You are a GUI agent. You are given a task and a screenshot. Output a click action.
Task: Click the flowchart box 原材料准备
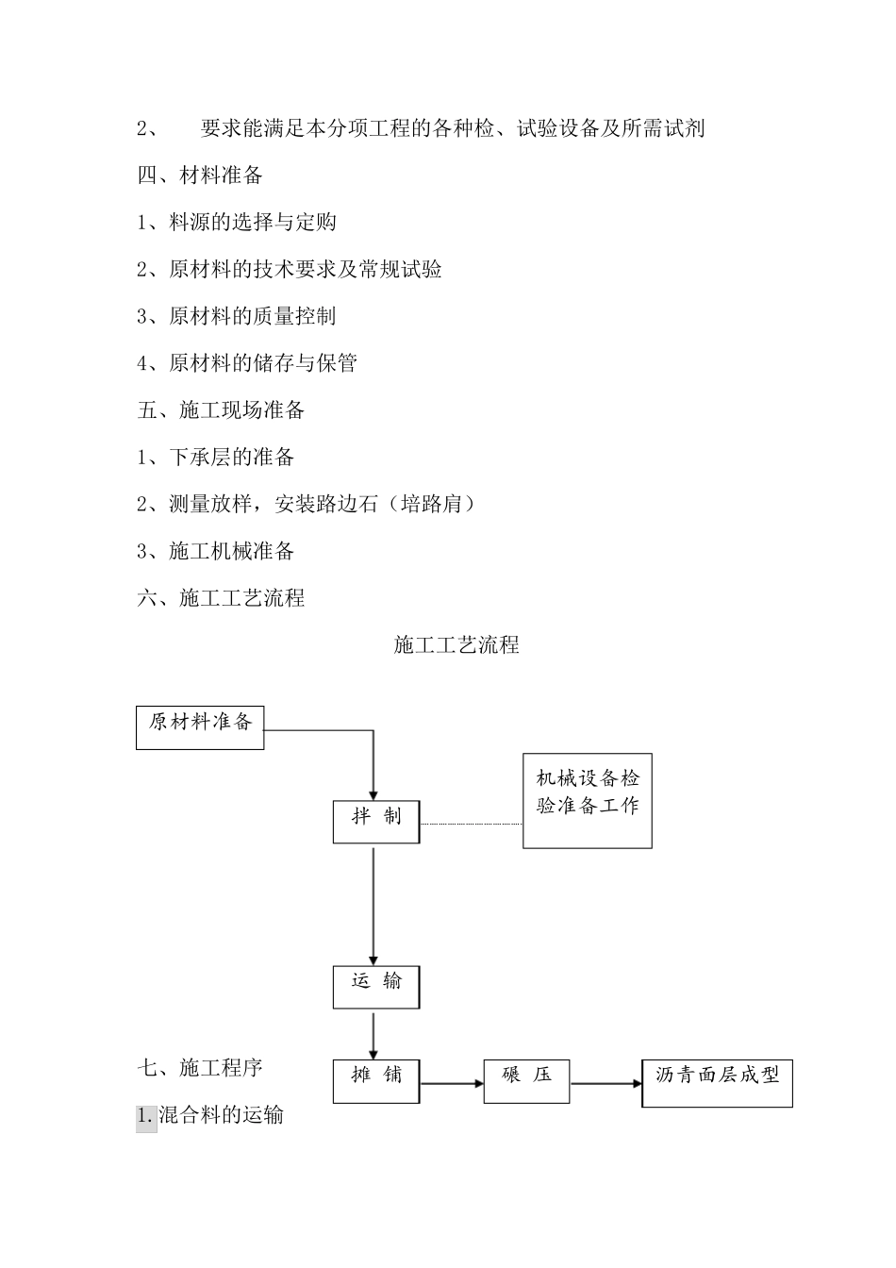[200, 727]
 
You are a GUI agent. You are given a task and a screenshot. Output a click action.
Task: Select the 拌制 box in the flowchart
[375, 822]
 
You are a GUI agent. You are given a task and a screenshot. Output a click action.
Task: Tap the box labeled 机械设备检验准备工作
[587, 800]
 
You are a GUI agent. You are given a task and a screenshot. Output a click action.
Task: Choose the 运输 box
[375, 987]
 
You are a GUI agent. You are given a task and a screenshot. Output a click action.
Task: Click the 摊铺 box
[375, 1081]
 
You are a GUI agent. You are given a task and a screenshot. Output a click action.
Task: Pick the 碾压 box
[526, 1081]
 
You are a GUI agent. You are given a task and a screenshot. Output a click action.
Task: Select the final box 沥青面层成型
[717, 1082]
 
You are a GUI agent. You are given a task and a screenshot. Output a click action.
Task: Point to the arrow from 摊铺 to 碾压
[452, 1083]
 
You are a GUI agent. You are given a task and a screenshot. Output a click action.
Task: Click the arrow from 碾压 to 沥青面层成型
[606, 1083]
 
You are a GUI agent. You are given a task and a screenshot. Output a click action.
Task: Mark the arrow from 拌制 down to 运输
[373, 906]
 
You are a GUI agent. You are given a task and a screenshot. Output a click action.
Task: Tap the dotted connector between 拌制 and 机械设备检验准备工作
[471, 824]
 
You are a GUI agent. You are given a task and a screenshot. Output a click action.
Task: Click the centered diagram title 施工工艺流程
[456, 645]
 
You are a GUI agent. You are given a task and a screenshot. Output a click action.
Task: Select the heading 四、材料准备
[200, 175]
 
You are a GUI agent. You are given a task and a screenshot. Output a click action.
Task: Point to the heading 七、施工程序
[200, 1068]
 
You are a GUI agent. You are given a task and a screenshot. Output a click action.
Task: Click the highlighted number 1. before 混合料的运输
[146, 1115]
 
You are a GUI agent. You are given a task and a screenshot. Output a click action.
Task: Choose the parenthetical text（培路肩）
[431, 504]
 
